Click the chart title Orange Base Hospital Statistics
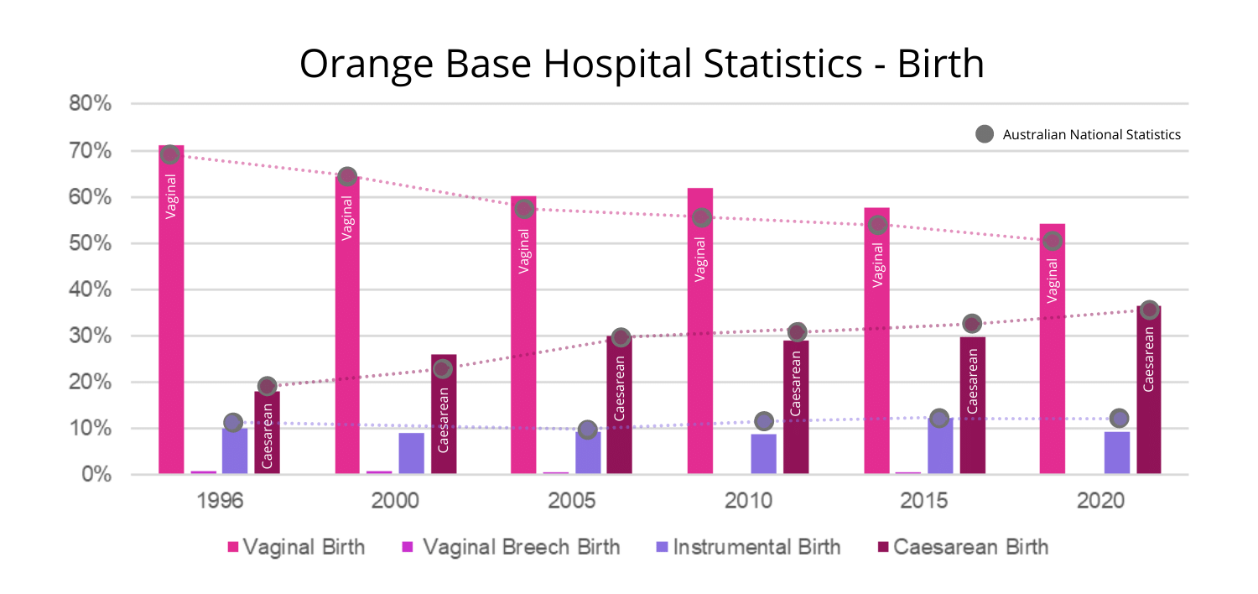(x=642, y=65)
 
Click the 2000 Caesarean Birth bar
(x=444, y=415)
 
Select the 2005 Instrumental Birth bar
(x=588, y=453)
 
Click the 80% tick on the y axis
(x=90, y=105)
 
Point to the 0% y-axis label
(x=95, y=475)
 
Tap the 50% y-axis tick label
(x=90, y=244)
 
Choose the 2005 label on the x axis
(x=572, y=502)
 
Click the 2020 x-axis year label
(x=1100, y=502)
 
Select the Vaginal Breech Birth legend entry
(x=511, y=548)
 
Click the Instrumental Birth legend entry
(x=747, y=548)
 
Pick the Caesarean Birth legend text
(x=970, y=548)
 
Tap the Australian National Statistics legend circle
(x=985, y=134)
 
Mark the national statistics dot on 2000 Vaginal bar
(x=347, y=176)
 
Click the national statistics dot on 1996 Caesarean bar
(x=268, y=386)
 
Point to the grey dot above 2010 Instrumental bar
(x=764, y=420)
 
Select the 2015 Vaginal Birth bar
(x=877, y=344)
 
